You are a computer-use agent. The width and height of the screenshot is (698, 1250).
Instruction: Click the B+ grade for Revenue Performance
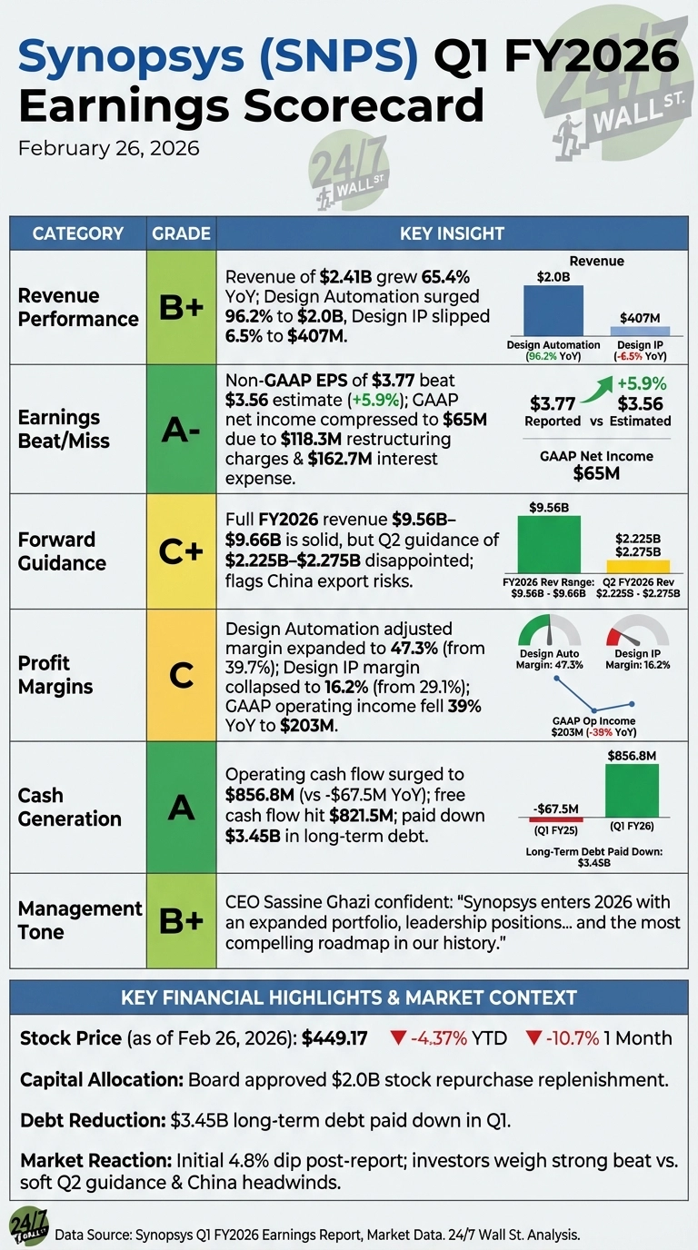181,307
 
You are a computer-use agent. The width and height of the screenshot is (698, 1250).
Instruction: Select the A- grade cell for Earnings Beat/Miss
181,429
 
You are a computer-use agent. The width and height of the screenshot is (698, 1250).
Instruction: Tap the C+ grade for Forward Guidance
181,551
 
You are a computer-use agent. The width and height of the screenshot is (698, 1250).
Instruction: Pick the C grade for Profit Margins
181,674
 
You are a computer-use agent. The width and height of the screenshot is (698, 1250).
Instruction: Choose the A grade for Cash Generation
181,807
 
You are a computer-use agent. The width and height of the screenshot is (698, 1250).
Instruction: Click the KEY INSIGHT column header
452,233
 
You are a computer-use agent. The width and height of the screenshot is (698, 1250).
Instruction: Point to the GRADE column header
181,233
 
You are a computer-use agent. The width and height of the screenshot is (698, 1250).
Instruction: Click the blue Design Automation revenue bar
553,311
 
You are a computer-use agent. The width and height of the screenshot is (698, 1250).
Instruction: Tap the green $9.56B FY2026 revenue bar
548,543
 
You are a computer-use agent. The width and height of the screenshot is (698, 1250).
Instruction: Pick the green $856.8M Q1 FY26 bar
633,790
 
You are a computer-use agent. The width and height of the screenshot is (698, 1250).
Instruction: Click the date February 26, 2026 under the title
108,147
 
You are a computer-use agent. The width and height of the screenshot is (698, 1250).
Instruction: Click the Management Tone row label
80,920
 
